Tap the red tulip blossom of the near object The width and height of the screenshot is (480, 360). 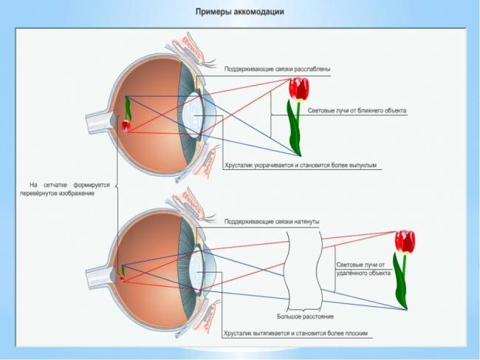[x=298, y=89]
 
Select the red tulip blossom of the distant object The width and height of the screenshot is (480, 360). [x=404, y=241]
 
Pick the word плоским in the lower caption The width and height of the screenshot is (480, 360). [x=352, y=333]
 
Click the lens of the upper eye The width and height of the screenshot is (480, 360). [x=193, y=115]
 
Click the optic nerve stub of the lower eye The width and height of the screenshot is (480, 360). [x=96, y=278]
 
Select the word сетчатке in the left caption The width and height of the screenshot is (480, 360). [x=60, y=185]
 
